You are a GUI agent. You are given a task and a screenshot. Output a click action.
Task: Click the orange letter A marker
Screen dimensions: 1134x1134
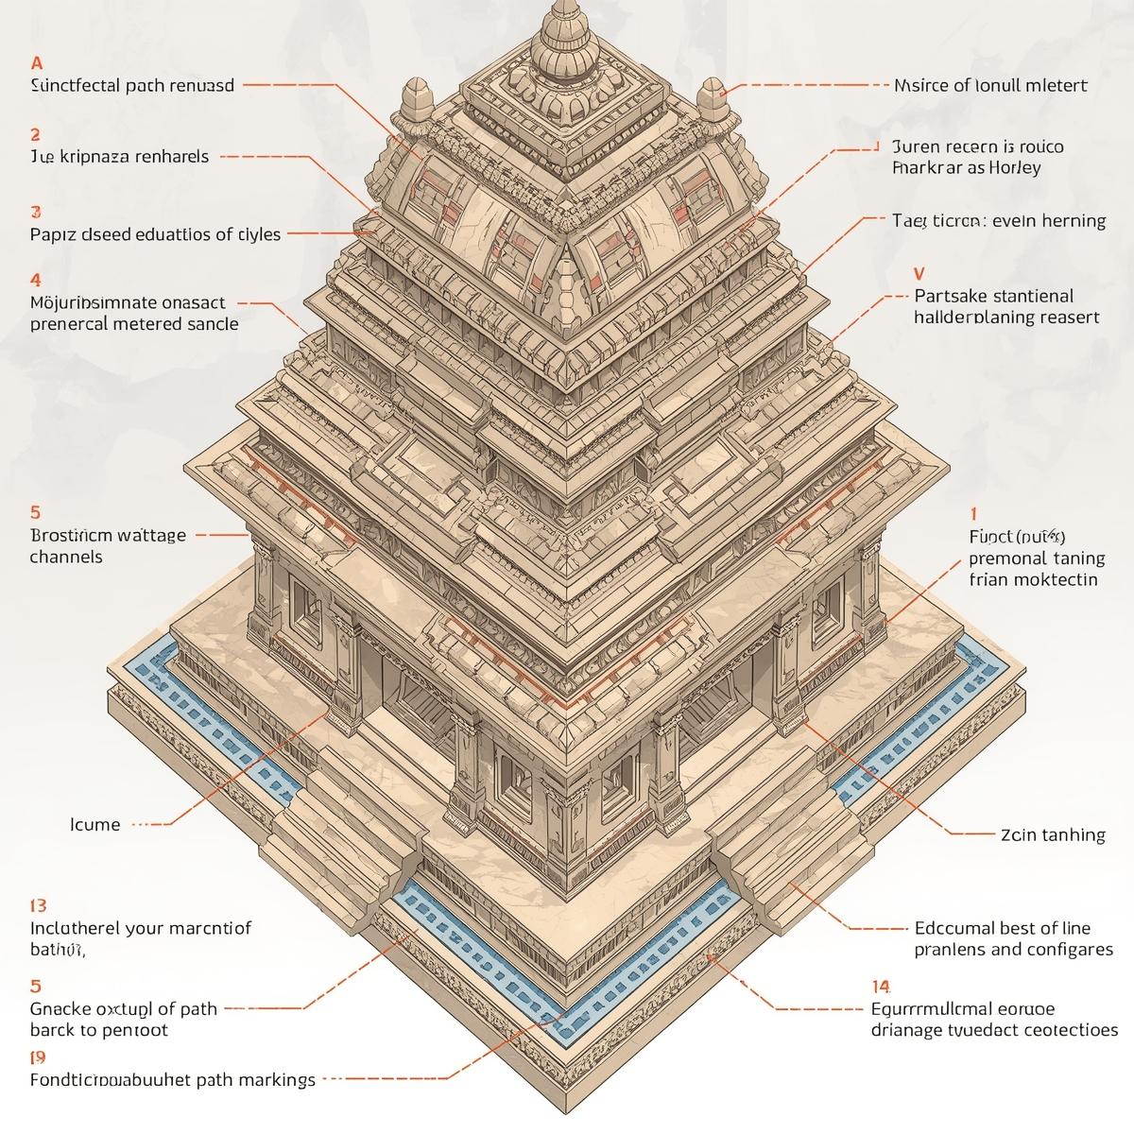point(37,63)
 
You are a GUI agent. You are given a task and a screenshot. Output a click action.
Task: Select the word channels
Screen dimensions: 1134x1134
point(66,557)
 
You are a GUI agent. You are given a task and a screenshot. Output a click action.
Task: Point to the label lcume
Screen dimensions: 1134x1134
point(95,824)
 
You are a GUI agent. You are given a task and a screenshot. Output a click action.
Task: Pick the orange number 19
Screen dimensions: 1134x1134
point(38,1057)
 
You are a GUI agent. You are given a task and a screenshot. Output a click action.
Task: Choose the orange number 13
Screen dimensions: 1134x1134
point(39,905)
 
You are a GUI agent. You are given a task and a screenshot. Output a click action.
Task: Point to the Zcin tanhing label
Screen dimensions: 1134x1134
point(1052,834)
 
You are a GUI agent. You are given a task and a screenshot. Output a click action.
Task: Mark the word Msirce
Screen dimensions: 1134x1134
point(920,85)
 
